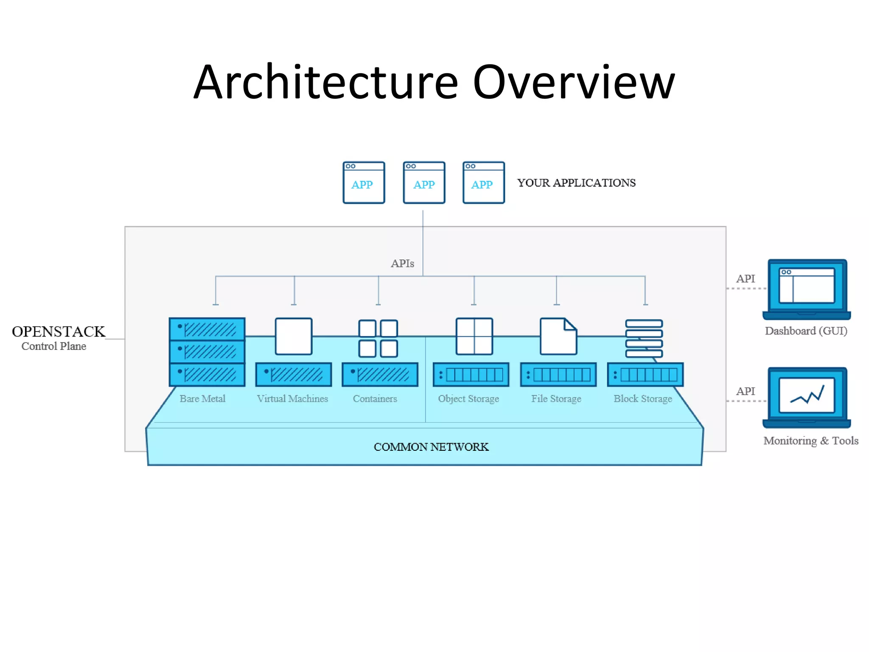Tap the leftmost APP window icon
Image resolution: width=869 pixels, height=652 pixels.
[x=364, y=183]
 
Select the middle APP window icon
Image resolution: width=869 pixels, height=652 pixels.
[x=424, y=183]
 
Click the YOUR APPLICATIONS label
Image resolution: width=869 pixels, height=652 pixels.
[x=576, y=183]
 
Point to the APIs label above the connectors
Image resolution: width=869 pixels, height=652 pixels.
[x=402, y=264]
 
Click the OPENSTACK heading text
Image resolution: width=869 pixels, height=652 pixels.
[x=59, y=332]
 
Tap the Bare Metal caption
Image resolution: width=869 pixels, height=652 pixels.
[x=202, y=399]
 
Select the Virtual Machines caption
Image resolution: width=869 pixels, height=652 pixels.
[x=292, y=399]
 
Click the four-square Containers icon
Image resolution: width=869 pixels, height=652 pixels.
[x=378, y=339]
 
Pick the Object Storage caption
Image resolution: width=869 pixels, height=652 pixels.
[x=468, y=399]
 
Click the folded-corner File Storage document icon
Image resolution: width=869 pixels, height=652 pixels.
[x=558, y=336]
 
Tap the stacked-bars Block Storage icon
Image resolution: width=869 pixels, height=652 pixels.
[x=644, y=339]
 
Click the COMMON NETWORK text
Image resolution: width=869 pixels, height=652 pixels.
[x=431, y=447]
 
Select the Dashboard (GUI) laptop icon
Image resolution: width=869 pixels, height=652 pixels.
[x=807, y=289]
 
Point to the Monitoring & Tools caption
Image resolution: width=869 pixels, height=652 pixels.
[x=810, y=441]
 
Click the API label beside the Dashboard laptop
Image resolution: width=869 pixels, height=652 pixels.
[x=746, y=279]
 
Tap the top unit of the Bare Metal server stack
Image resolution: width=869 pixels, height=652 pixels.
[x=207, y=329]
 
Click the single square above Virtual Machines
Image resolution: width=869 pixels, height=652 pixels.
[x=293, y=336]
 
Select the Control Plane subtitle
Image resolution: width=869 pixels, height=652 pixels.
[x=54, y=346]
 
